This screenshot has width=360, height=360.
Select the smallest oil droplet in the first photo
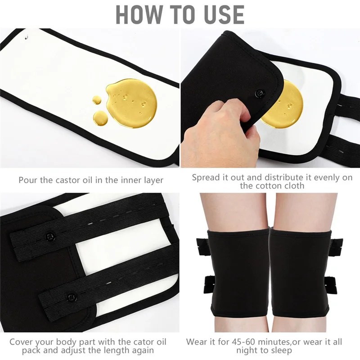(97, 100)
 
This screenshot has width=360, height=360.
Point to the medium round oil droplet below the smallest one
(100, 118)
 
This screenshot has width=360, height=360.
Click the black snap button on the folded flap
(260, 93)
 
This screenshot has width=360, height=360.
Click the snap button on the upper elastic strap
(50, 235)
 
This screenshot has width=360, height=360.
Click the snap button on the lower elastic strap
(71, 297)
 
